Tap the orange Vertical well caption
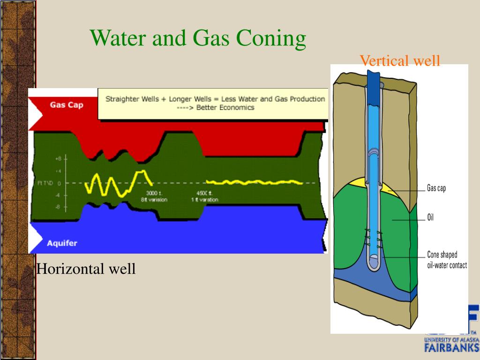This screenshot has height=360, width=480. [x=400, y=60]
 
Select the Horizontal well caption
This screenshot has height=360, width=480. [x=86, y=269]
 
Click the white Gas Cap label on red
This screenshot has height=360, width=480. [x=67, y=105]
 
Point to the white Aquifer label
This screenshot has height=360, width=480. [x=62, y=243]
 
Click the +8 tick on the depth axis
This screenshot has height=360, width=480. [x=58, y=158]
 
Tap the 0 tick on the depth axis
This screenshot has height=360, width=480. [x=59, y=183]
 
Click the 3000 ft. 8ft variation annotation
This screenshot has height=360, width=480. [x=154, y=196]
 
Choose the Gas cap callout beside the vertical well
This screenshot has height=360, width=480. [x=436, y=188]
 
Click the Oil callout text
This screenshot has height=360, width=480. [x=430, y=217]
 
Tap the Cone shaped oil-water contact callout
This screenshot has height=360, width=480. [x=446, y=260]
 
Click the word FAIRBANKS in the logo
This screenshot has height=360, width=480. [x=451, y=347]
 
